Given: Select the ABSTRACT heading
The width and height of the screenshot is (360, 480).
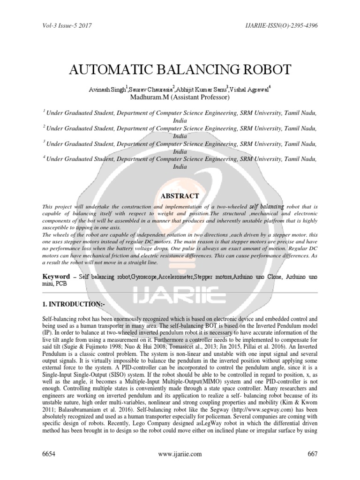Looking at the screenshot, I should (x=180, y=196).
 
